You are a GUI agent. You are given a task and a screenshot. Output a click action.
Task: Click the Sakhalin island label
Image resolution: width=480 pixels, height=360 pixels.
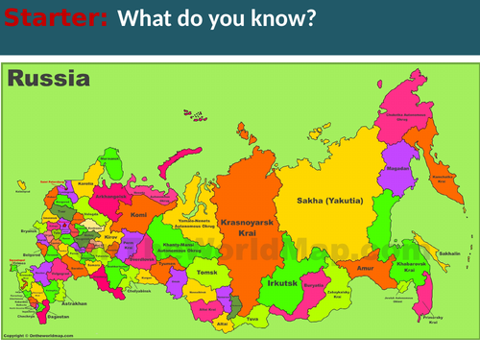[449, 254]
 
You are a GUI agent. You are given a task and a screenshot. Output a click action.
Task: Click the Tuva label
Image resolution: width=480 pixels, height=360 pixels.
[252, 318]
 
